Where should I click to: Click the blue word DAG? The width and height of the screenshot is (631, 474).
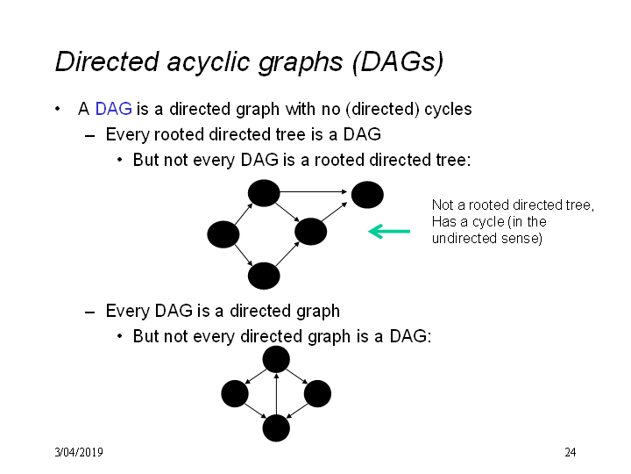[113, 109]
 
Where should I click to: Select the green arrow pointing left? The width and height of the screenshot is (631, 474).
[389, 232]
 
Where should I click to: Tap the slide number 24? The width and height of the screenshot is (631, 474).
[571, 452]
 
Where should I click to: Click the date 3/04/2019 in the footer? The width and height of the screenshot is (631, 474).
[79, 452]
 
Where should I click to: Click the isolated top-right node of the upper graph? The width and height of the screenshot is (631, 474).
[367, 195]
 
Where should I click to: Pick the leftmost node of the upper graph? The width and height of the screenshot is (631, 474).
[223, 234]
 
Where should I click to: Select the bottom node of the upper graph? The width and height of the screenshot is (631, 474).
[264, 276]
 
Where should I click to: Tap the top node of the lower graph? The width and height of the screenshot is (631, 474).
[276, 359]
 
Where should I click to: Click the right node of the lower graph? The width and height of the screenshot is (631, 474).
[317, 393]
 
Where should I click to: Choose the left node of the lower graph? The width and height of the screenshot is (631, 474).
[235, 393]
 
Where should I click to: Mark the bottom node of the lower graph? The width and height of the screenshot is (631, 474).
[276, 428]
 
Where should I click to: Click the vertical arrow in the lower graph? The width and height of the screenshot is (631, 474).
[276, 394]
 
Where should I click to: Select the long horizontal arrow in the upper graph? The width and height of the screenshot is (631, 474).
[313, 192]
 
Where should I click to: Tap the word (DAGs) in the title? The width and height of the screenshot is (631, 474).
[398, 62]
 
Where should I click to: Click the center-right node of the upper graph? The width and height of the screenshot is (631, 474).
[310, 232]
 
